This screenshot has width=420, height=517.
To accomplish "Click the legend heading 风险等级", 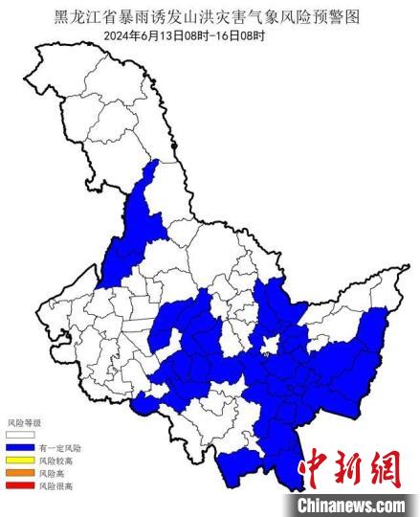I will (25, 422).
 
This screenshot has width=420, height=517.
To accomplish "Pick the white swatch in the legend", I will (20, 434).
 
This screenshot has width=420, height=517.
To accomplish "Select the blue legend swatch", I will (20, 447).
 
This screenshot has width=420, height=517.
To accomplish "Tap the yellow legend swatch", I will (20, 460).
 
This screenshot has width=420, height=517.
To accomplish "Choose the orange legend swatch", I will (20, 473).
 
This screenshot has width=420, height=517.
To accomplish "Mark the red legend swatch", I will (20, 485).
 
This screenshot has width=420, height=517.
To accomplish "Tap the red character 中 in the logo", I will (316, 469).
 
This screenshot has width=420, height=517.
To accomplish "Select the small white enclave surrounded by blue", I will (272, 344).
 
